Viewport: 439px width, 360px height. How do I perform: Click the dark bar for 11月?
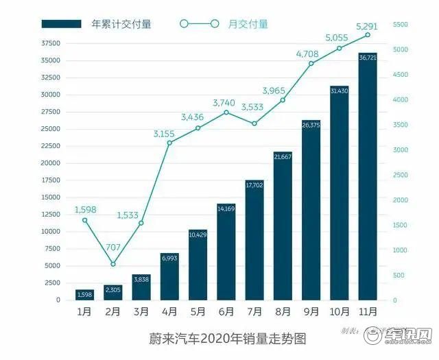[x=368, y=178]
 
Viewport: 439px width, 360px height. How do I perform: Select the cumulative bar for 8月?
[x=283, y=226]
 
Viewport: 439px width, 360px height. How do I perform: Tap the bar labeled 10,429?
[x=198, y=265]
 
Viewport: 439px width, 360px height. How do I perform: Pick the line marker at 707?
[x=113, y=264]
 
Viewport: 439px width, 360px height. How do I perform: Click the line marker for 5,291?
[x=368, y=34]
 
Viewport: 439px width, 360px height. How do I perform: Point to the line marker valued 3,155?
[x=169, y=143]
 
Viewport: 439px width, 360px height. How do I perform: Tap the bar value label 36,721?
[x=368, y=57]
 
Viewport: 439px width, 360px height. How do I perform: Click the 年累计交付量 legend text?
[x=121, y=24]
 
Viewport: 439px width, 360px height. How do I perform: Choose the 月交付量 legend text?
[x=248, y=24]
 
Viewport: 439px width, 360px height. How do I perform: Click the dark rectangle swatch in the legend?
[x=62, y=24]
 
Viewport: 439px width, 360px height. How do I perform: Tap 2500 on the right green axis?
[x=400, y=175]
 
